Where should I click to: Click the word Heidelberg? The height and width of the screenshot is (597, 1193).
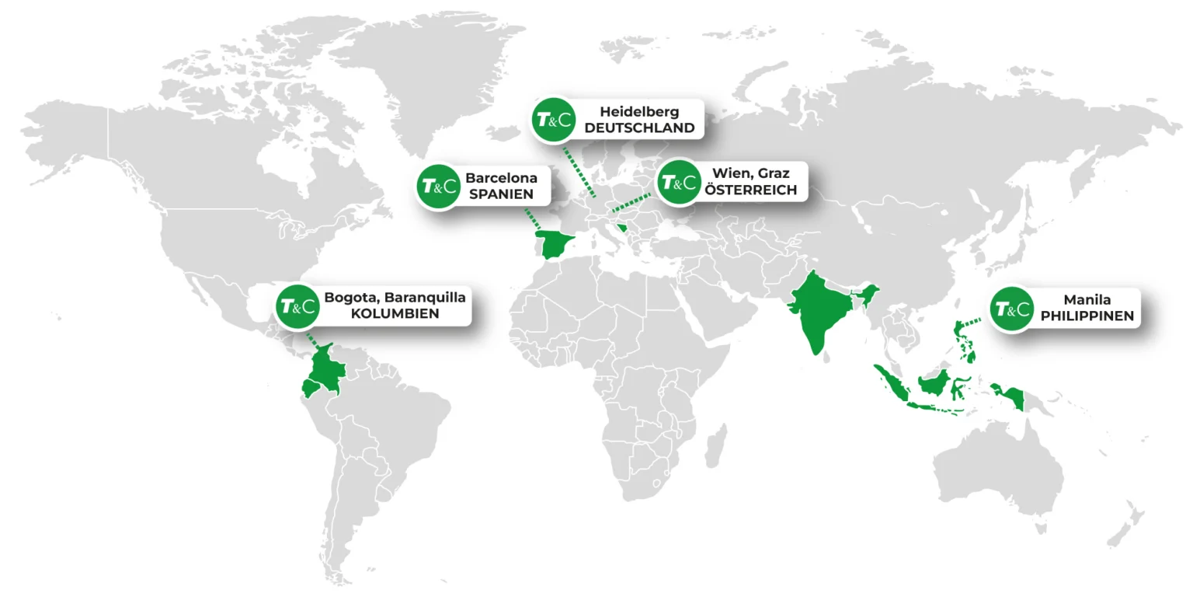click(x=639, y=112)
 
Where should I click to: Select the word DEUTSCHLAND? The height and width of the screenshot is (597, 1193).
click(x=639, y=128)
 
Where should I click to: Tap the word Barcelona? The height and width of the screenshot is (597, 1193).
click(x=501, y=178)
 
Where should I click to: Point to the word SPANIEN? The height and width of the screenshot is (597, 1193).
click(x=501, y=194)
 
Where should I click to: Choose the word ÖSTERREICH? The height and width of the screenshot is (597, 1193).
click(x=750, y=190)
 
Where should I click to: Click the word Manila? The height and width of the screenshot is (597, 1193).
click(x=1087, y=300)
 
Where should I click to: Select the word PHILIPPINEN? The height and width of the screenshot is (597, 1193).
click(x=1087, y=316)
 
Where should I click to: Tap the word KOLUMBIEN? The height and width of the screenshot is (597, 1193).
click(x=395, y=314)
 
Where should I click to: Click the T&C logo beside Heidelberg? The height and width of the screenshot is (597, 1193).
click(x=554, y=120)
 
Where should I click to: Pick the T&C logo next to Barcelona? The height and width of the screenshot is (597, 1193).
click(x=438, y=187)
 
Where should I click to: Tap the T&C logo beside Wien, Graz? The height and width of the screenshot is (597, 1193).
click(x=678, y=183)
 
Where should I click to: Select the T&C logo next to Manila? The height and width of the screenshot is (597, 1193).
click(x=1014, y=309)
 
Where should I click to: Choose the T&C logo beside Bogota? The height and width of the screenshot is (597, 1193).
click(x=297, y=306)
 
